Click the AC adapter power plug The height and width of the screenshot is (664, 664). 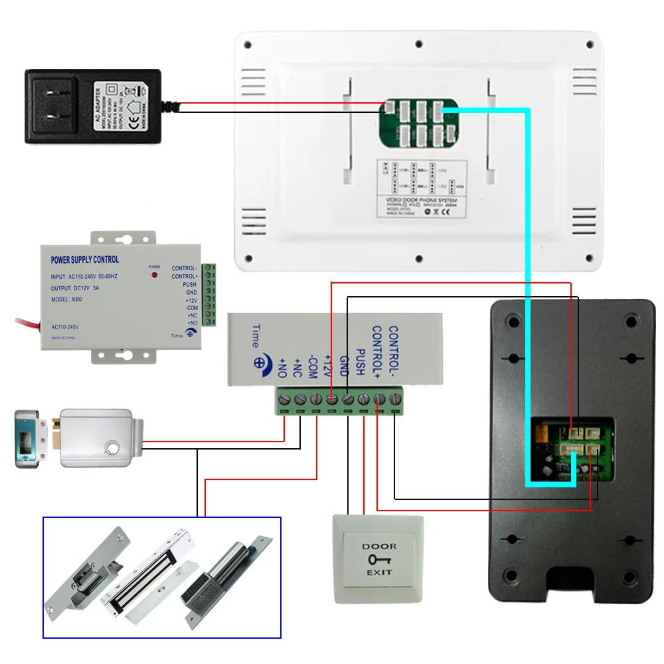tap(93, 106)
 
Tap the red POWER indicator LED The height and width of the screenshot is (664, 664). tap(154, 274)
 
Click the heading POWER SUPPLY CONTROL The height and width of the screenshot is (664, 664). tap(85, 260)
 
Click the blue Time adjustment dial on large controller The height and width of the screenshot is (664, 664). tap(258, 364)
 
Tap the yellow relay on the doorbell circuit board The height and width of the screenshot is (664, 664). tap(539, 434)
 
